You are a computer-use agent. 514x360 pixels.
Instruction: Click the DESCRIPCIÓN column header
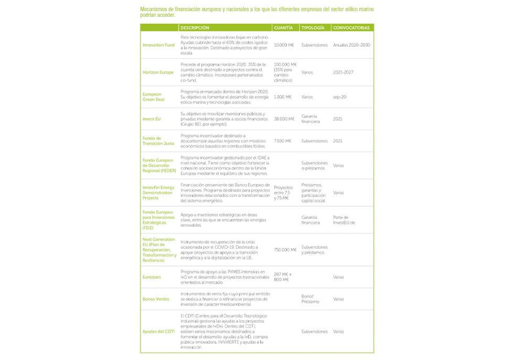click(195, 28)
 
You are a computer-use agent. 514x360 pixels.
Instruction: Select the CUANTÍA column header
click(283, 28)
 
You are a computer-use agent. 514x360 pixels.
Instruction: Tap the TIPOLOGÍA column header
click(313, 28)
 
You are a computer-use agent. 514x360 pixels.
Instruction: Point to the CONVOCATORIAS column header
click(351, 28)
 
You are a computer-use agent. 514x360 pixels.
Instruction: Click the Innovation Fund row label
click(158, 45)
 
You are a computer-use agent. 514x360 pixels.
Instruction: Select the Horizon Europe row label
click(158, 72)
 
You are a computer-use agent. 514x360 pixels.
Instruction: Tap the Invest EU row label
click(152, 119)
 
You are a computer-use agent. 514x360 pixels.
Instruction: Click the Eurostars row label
click(152, 277)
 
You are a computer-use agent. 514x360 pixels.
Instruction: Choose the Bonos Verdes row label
click(156, 299)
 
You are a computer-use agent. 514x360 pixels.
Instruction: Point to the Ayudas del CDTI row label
click(158, 332)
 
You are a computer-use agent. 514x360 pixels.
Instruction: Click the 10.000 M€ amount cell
click(284, 45)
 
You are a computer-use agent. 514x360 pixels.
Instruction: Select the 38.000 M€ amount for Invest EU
click(284, 119)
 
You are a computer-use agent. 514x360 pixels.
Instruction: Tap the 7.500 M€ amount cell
click(283, 141)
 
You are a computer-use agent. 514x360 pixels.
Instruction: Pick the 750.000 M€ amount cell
click(285, 250)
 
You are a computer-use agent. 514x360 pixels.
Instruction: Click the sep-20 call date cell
click(339, 97)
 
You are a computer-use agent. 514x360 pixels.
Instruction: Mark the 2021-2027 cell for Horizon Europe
click(344, 72)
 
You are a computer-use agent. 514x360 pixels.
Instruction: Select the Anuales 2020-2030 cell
click(351, 45)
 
